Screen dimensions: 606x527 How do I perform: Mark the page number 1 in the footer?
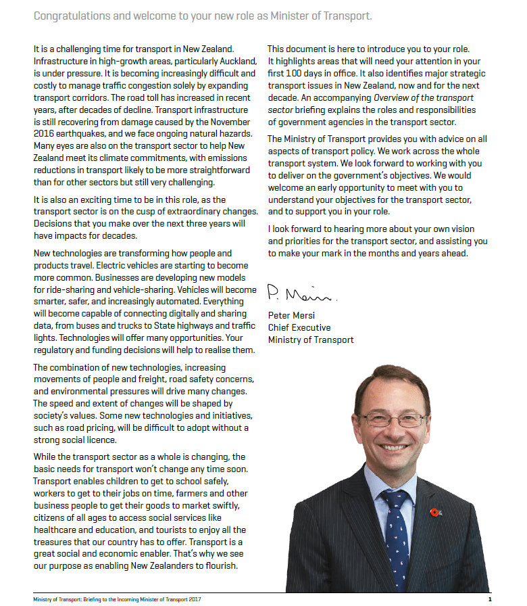click(x=490, y=599)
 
